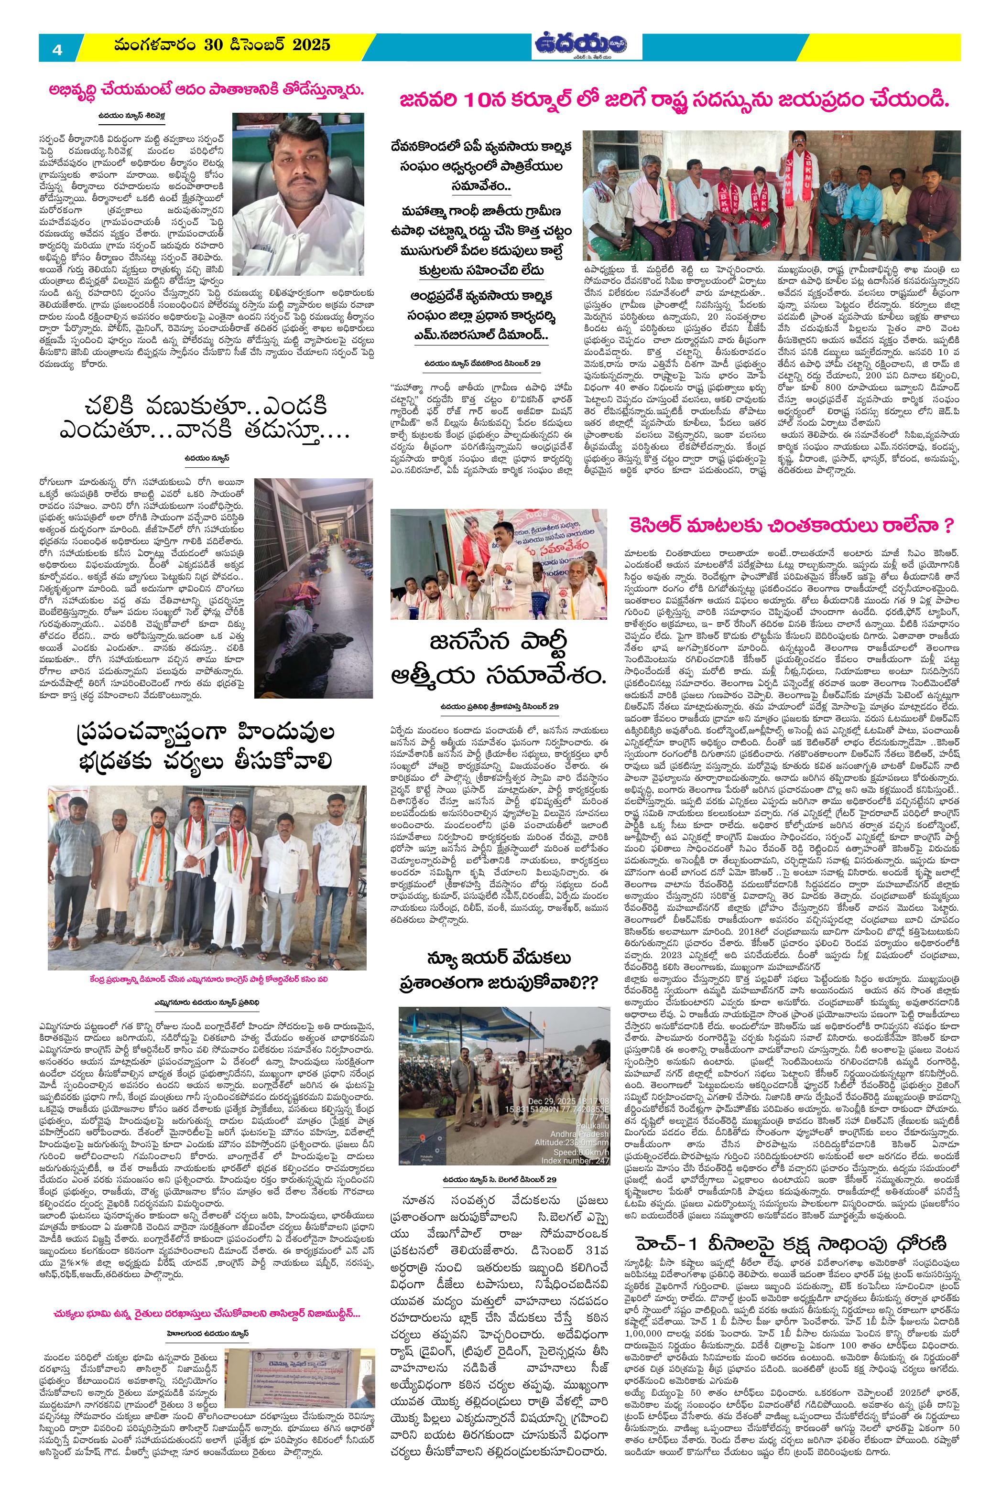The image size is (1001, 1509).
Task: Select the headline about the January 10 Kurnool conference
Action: tap(675, 100)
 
